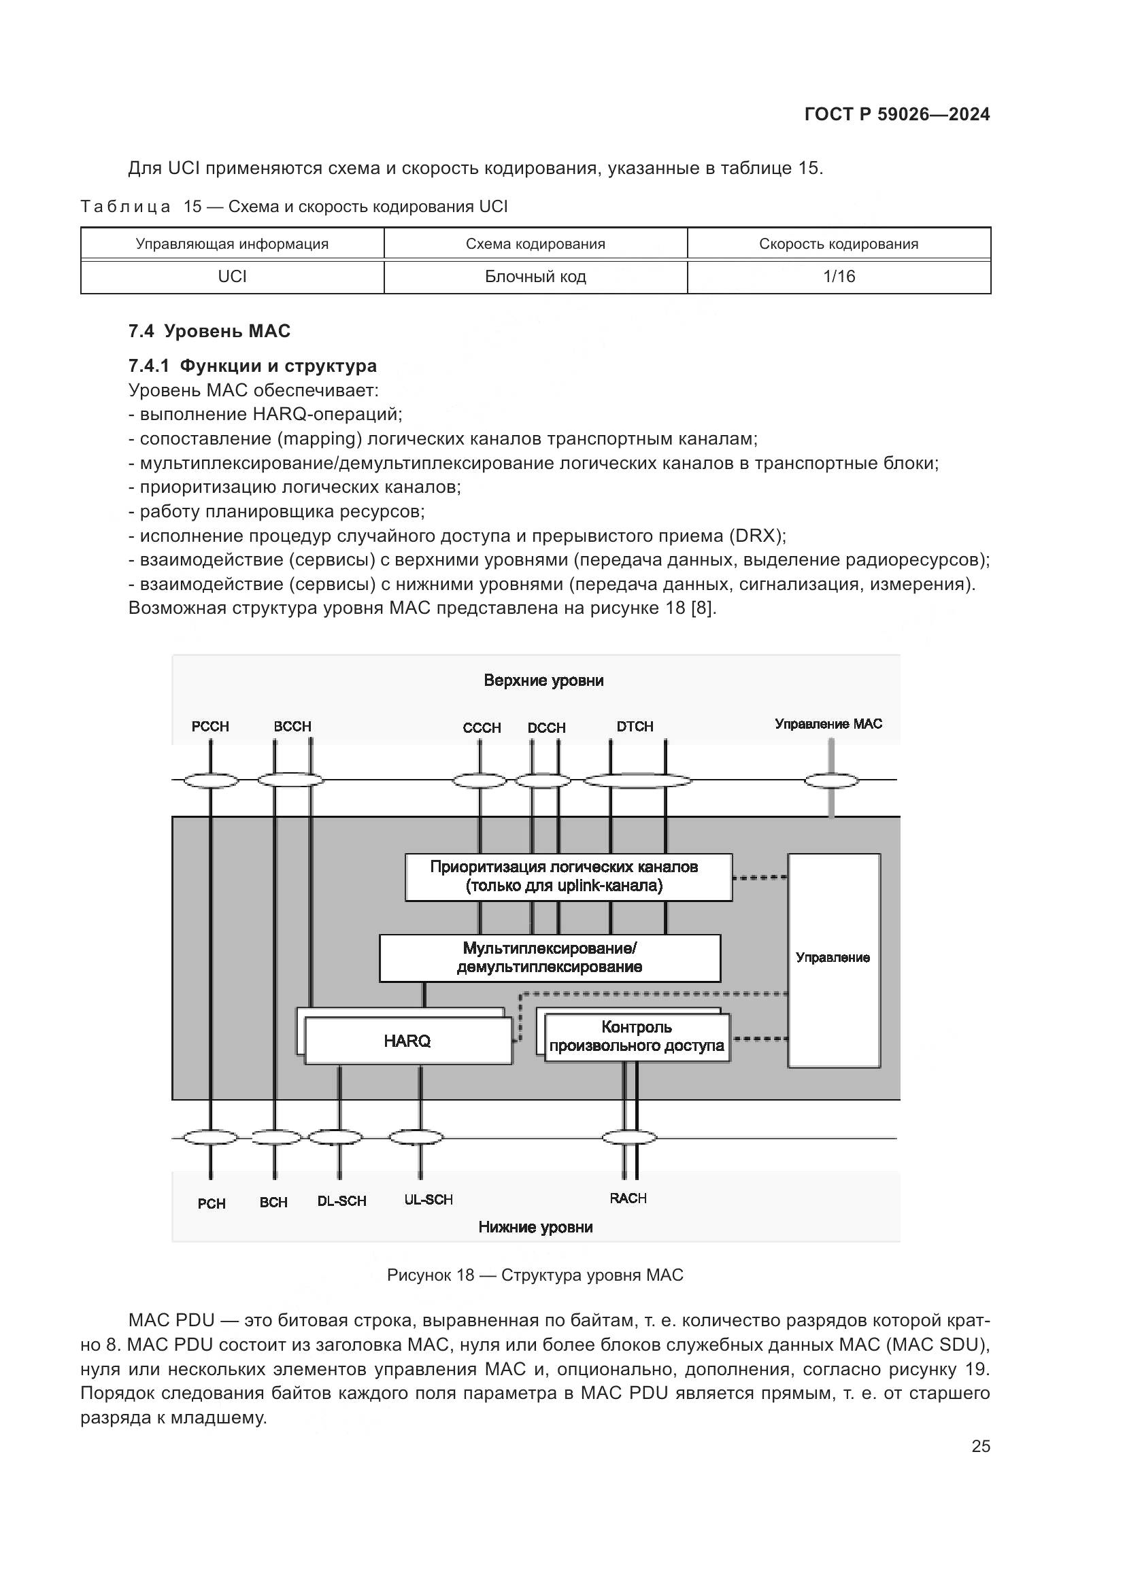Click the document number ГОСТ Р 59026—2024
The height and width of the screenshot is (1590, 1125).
(x=897, y=114)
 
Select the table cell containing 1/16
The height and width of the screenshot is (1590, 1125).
(x=839, y=277)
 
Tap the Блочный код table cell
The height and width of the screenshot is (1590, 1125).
(x=535, y=277)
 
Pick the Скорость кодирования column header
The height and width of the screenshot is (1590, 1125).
(x=839, y=244)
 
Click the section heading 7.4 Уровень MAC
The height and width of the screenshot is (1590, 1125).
(x=209, y=331)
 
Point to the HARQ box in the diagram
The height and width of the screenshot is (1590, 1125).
(x=407, y=1041)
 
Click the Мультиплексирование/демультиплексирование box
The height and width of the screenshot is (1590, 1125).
(x=550, y=958)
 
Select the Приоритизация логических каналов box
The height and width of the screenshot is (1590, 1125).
(x=568, y=877)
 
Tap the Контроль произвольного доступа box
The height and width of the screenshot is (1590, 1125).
(x=637, y=1037)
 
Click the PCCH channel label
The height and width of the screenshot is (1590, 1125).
(x=210, y=727)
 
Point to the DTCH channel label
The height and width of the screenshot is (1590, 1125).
(x=635, y=727)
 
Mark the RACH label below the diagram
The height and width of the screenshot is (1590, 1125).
(x=628, y=1198)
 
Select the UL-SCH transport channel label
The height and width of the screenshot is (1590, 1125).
(x=428, y=1200)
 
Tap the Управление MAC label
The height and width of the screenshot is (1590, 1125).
(x=828, y=725)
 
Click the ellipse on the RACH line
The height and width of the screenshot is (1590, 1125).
(x=629, y=1137)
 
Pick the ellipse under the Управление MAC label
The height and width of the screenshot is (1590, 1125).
(x=831, y=780)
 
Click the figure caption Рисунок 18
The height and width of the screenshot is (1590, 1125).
(x=535, y=1275)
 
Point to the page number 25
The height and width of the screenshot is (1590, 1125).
(x=980, y=1446)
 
